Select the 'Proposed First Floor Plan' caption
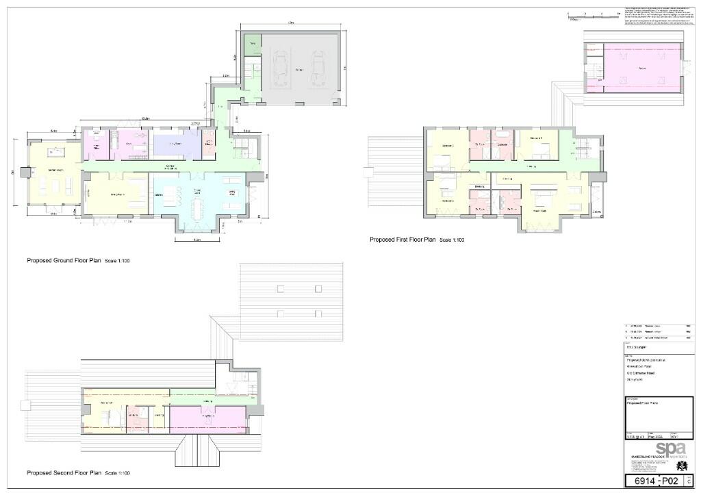(403, 240)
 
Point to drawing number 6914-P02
(648, 481)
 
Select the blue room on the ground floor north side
(177, 144)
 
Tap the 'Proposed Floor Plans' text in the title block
(643, 403)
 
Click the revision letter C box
(689, 481)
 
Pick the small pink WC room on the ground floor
(209, 144)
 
